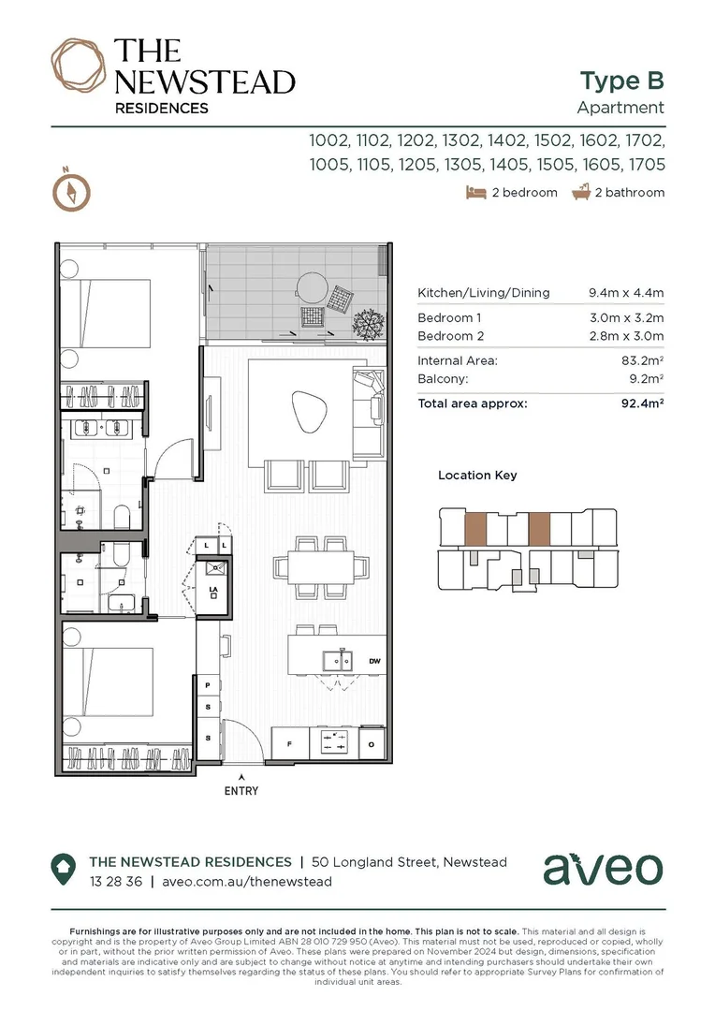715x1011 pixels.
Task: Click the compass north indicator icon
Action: (71, 191)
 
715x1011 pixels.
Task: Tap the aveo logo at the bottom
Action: (603, 870)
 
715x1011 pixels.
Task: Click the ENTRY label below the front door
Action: (241, 791)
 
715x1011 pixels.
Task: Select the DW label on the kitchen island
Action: (374, 661)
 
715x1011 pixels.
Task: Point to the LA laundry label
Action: (213, 590)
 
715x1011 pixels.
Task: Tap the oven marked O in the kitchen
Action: (372, 744)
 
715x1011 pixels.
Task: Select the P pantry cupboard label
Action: (208, 686)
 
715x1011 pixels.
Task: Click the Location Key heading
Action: (477, 476)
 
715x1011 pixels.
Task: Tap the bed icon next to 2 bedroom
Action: (474, 193)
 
